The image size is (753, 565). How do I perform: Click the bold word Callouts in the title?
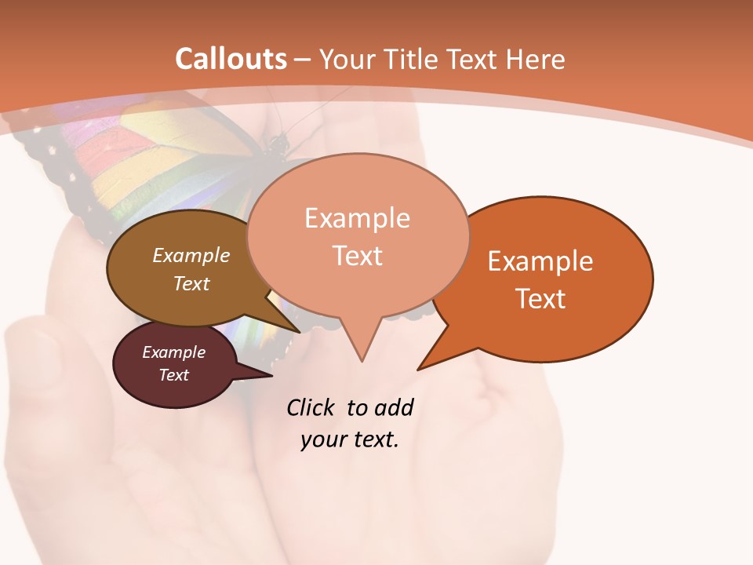coord(231,59)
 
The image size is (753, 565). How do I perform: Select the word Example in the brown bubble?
coord(191,255)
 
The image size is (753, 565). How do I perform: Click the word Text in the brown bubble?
coord(191,283)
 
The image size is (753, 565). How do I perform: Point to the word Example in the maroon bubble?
coord(173,352)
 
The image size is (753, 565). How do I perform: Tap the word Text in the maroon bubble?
coord(173,375)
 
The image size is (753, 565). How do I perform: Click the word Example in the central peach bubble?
coord(357,217)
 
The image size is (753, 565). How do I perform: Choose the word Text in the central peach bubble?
coord(357,255)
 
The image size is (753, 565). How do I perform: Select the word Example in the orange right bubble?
coord(540,261)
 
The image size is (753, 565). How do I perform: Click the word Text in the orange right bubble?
coord(540,298)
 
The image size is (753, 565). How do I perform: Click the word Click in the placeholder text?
coord(312,407)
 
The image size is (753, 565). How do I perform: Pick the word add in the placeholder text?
coord(394,407)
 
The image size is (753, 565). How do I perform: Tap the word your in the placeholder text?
coord(322,439)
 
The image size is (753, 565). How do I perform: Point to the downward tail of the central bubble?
coord(361,345)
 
